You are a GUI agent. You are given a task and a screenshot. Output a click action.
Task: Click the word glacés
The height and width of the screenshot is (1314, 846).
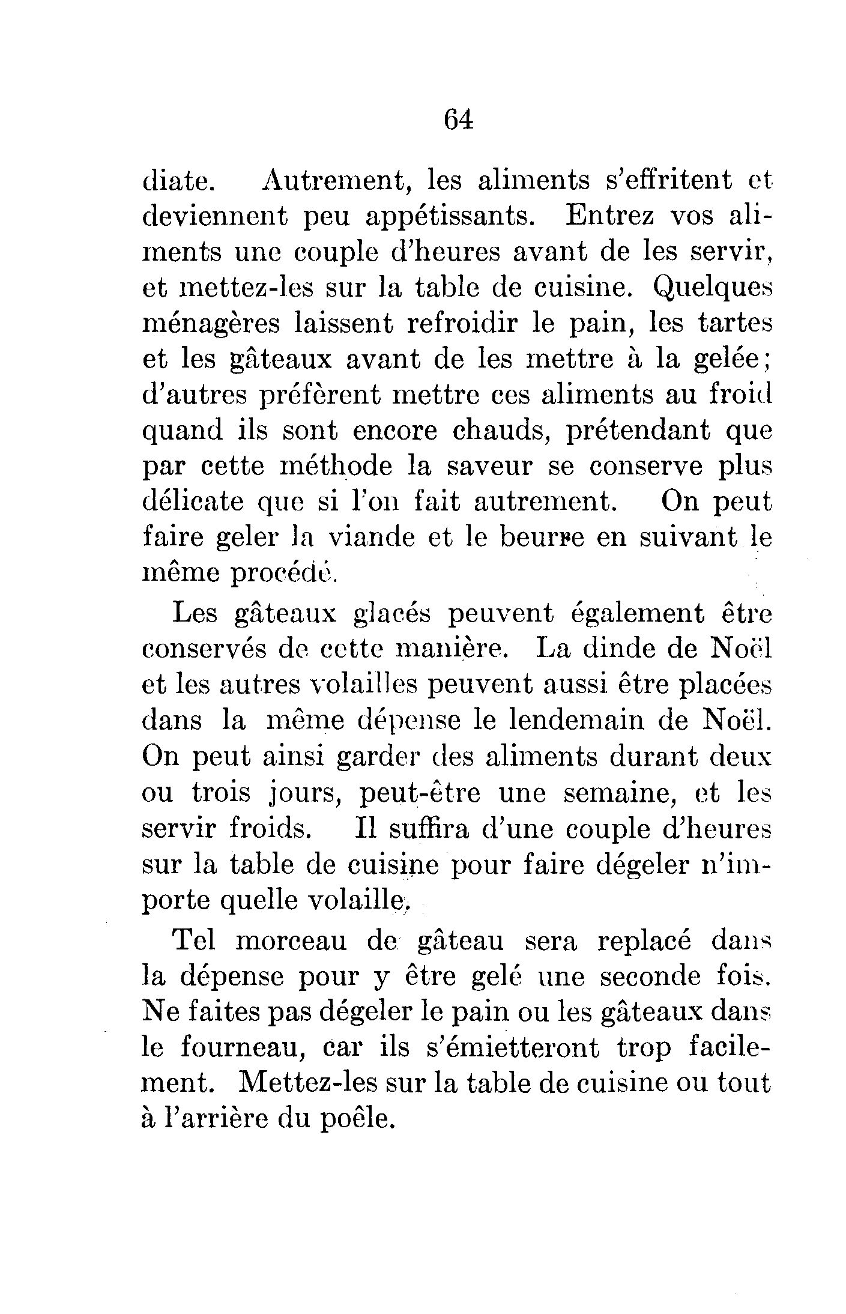[391, 614]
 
